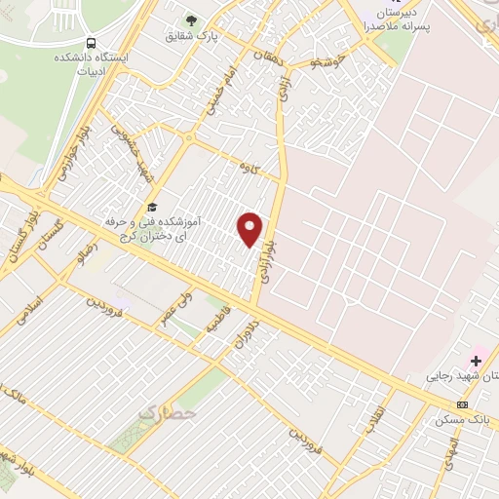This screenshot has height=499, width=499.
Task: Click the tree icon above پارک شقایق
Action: (x=191, y=19)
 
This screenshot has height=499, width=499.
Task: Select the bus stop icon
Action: (x=91, y=43)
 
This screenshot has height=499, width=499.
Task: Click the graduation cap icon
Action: (x=151, y=206)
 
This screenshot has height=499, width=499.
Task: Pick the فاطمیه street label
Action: (x=215, y=322)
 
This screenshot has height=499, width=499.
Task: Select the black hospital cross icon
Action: (x=475, y=361)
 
